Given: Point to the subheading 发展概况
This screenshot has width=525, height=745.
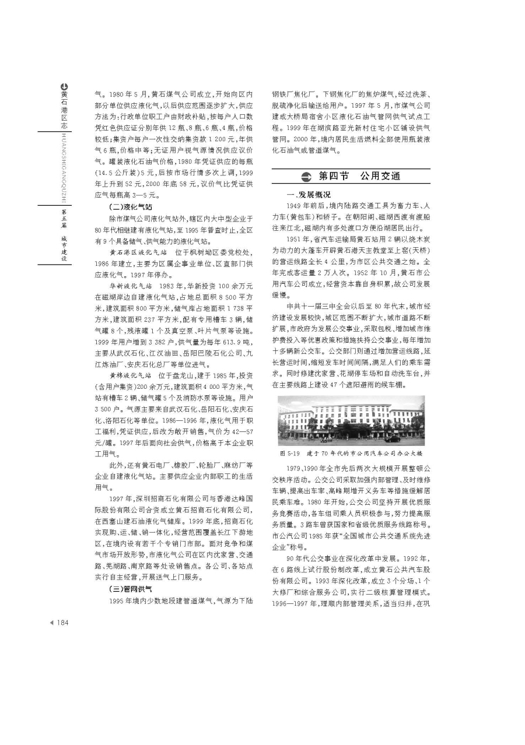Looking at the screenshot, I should tap(313, 195).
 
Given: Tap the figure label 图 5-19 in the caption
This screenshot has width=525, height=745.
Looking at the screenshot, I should tap(290, 453).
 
